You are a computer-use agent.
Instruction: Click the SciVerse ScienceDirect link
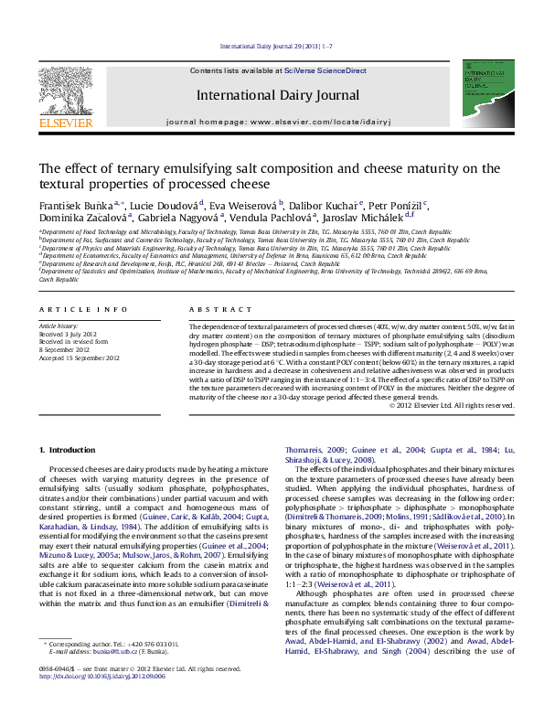[x=325, y=70]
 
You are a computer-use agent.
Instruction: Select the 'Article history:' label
[x=59, y=326]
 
